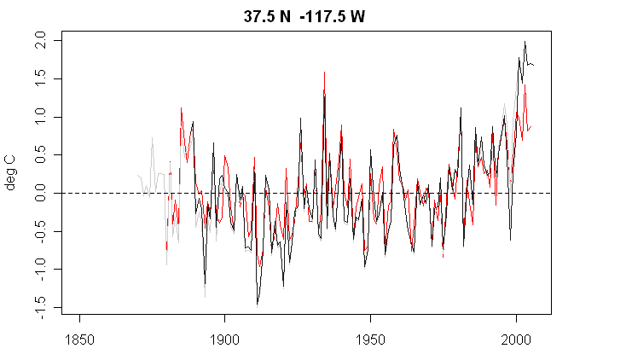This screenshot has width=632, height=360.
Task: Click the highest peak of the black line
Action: coord(525,41)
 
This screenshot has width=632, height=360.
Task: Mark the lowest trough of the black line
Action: coord(258,305)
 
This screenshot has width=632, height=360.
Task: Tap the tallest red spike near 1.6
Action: coord(324,72)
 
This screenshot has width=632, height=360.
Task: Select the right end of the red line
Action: coord(532,126)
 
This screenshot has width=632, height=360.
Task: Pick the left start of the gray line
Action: coord(137,175)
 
